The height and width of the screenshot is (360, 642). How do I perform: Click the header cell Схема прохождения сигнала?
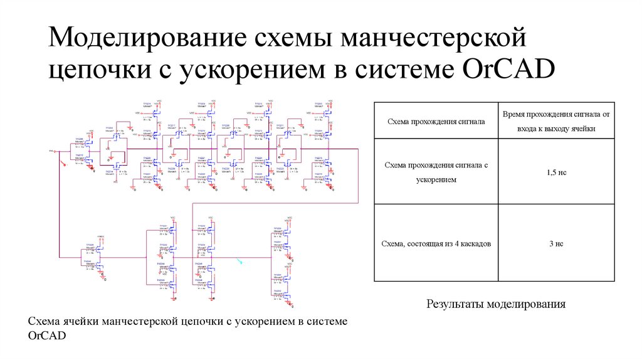coord(436,121)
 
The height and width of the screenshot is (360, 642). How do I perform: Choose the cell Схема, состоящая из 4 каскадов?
coord(436,243)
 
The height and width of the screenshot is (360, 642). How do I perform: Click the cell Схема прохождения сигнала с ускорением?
coord(436,171)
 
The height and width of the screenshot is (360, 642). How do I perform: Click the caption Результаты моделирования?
coord(496,304)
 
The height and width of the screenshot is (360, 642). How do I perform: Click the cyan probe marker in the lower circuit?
coord(239,262)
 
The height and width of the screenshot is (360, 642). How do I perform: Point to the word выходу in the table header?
coord(561,128)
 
